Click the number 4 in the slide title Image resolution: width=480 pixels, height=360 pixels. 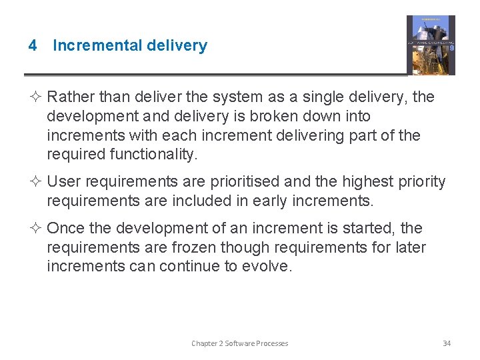(32, 46)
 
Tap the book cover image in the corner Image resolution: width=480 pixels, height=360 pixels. (431, 45)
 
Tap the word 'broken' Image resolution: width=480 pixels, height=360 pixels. (283, 117)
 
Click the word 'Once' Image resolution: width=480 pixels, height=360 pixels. (66, 229)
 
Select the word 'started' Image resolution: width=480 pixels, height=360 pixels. (374, 229)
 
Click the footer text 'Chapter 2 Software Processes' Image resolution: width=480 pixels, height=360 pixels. (239, 343)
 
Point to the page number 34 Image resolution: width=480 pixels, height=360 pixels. (447, 343)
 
